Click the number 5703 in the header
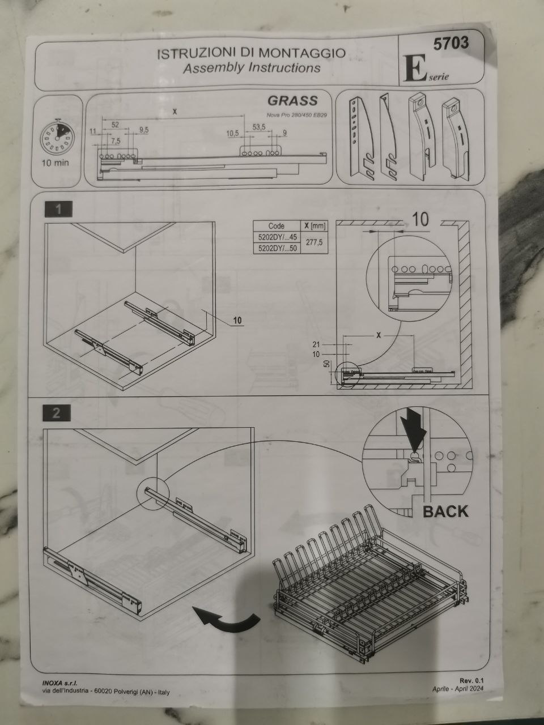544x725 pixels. click(451, 44)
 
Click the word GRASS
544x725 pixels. click(292, 101)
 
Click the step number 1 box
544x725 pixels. click(58, 210)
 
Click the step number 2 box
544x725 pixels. click(57, 413)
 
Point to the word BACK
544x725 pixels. click(446, 511)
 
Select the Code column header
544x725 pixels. click(276, 226)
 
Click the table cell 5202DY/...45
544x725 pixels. click(277, 237)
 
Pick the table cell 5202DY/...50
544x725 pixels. click(277, 248)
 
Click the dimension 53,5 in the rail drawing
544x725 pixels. click(259, 127)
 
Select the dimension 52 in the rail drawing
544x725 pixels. click(115, 124)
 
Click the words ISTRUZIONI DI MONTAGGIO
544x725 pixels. click(250, 53)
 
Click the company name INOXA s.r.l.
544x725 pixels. click(59, 683)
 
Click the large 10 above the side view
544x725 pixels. click(420, 220)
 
